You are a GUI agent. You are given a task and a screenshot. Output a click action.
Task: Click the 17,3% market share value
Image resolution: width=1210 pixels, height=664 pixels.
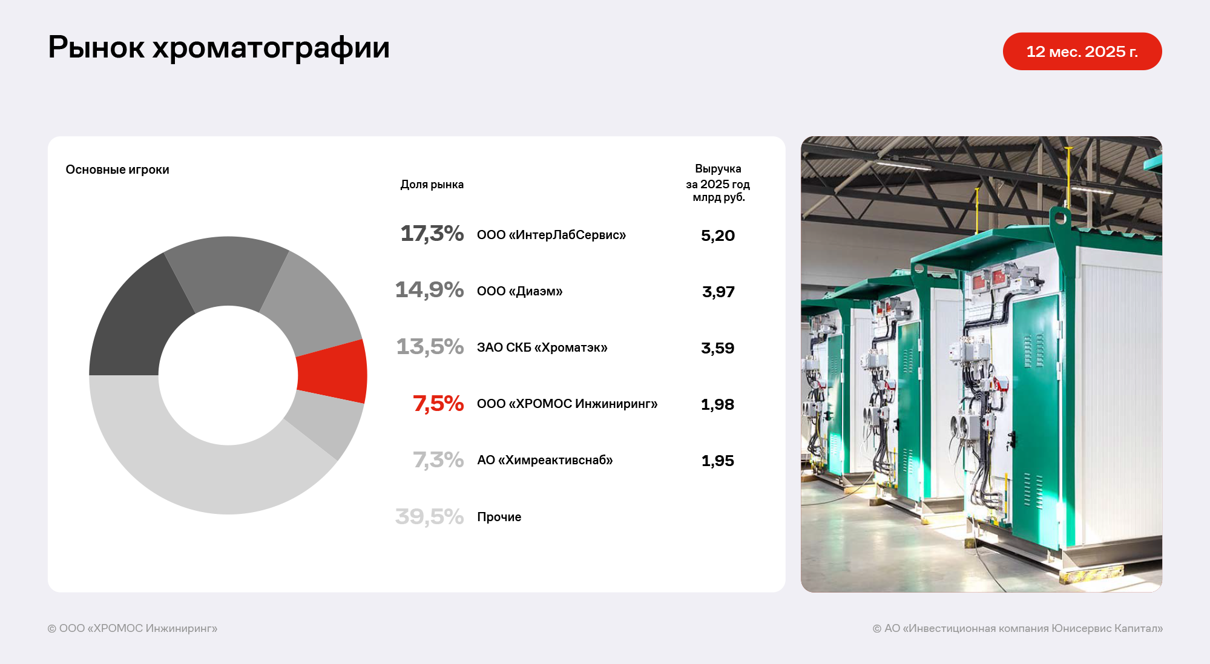click(432, 234)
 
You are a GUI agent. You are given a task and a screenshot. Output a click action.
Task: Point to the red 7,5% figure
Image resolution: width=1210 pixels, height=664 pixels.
click(438, 403)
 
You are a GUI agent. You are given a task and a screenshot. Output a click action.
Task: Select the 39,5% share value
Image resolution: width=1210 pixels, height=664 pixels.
click(429, 516)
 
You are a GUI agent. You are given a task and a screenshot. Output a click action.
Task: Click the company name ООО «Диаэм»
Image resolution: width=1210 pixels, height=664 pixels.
click(519, 291)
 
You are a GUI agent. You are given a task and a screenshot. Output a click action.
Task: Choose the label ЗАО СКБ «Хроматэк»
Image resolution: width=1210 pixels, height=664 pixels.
click(542, 347)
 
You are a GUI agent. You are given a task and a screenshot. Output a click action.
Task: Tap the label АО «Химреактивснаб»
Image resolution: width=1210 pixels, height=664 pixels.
click(545, 460)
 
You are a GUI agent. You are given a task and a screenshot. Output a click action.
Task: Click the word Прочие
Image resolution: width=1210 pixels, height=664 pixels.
click(499, 517)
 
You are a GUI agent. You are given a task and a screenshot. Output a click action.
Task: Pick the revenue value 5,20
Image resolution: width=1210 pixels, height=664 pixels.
click(718, 235)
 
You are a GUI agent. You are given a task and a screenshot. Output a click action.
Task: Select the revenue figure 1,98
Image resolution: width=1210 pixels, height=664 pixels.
click(717, 404)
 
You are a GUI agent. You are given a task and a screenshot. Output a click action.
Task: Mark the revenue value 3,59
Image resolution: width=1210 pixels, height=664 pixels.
click(717, 348)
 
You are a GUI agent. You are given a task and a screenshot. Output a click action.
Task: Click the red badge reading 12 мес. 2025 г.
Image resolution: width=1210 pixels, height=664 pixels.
click(1082, 51)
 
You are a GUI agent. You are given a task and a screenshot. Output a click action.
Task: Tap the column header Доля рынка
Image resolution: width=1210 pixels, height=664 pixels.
click(432, 185)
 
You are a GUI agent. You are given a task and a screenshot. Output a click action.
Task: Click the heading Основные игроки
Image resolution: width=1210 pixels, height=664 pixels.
click(117, 169)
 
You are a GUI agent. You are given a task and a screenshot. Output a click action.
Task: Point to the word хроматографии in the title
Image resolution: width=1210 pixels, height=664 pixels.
click(271, 48)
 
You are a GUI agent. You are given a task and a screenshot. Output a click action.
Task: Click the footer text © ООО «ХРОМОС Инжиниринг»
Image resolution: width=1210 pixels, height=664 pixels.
click(133, 628)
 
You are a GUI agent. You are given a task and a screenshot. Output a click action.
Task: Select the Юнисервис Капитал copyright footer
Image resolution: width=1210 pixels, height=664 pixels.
click(1018, 628)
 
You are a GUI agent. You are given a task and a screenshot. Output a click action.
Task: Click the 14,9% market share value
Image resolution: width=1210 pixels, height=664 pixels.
click(429, 290)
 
